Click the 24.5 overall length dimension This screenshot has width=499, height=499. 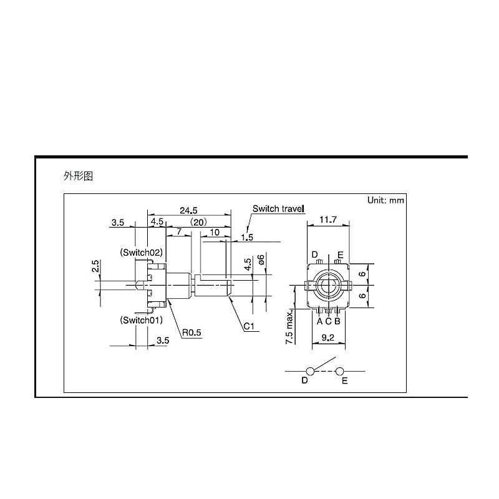pos(189,210)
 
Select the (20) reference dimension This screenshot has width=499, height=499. pos(199,222)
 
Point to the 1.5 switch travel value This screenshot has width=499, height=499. pos(247,238)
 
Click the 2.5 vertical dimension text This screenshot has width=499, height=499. pos(95,266)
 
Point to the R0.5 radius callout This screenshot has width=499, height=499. pos(192,332)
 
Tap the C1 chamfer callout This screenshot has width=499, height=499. pos(248,326)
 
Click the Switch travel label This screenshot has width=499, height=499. pos(278,209)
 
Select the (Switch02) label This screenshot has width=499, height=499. pos(141,253)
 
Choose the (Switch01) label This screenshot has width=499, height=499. pos(141,321)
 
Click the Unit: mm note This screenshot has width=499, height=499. pos(386,201)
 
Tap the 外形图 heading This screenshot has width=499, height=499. pos(78,177)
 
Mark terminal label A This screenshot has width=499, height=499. pos(319,321)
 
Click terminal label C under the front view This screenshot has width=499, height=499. pos(328,321)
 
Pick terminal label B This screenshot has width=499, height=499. pos(337,321)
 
